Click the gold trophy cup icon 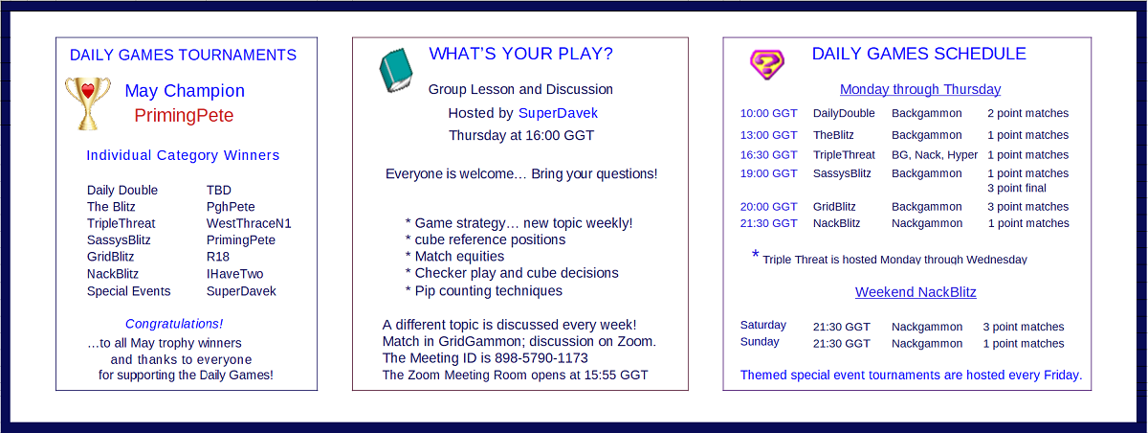(88, 103)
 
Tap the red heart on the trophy (88, 90)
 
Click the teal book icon (396, 70)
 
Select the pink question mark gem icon (766, 64)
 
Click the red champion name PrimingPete (184, 115)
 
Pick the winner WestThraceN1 (249, 223)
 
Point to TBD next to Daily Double (219, 191)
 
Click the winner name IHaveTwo (234, 274)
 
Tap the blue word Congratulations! (174, 324)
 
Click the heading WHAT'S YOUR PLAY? (520, 54)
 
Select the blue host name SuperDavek (558, 113)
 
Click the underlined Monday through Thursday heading (920, 89)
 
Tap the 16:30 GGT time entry (769, 155)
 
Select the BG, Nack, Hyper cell (935, 155)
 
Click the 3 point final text (1017, 189)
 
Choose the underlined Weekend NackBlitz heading (916, 292)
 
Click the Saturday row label (763, 326)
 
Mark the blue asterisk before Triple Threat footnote (755, 254)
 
